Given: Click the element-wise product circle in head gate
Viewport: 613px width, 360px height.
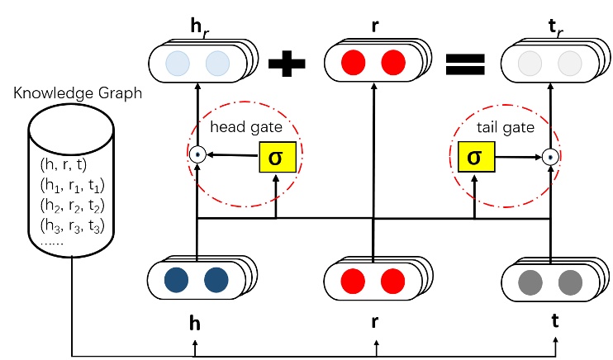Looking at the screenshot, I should [x=197, y=154].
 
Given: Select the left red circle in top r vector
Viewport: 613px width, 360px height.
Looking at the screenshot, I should [x=353, y=62].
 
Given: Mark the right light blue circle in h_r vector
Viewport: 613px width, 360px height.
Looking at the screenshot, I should [x=216, y=63].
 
